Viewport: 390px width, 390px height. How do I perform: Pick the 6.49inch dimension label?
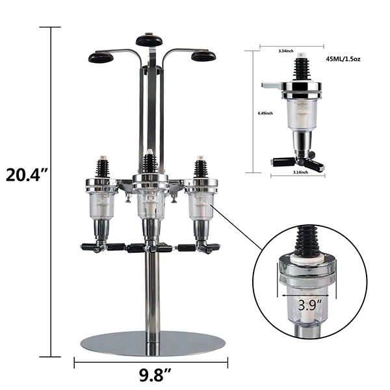265,112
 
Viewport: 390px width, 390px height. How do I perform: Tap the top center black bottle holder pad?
149,40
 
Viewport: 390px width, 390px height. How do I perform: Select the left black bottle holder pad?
99,57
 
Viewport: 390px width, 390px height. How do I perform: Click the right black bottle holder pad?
203,57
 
